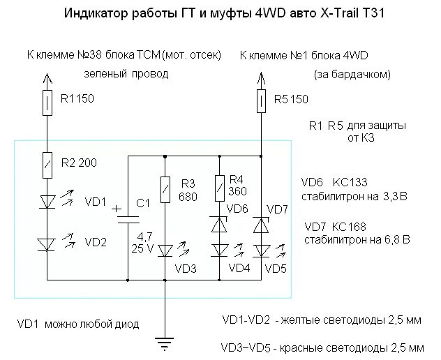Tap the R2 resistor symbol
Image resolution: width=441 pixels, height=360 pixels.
(x=48, y=163)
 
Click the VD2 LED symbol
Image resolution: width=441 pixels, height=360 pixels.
(x=48, y=243)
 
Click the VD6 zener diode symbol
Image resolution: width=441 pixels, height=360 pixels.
(x=220, y=225)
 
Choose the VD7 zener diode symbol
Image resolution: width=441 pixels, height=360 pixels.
(x=261, y=225)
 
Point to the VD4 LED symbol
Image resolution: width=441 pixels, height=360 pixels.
(x=220, y=249)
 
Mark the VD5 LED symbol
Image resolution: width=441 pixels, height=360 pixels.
(x=261, y=249)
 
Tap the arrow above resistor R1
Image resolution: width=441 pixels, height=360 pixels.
(x=48, y=77)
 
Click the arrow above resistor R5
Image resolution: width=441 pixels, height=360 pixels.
(x=261, y=77)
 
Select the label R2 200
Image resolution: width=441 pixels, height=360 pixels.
(x=78, y=163)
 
